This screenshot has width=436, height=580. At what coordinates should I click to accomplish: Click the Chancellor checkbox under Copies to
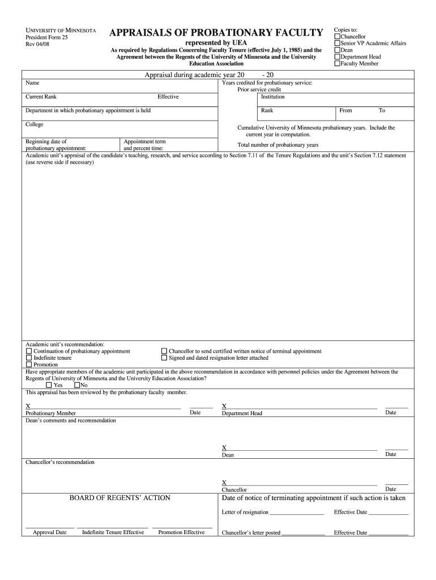(x=337, y=37)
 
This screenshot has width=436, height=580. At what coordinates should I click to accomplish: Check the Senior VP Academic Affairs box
(x=337, y=44)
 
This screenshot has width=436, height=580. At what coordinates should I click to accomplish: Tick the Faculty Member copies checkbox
(x=337, y=64)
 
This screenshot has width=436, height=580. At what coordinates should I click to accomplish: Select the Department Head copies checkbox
(x=337, y=57)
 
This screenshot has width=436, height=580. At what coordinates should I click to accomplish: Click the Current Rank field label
(x=41, y=97)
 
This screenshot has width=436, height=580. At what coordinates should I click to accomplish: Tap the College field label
(x=35, y=125)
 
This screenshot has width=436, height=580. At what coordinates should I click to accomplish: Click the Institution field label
(x=272, y=97)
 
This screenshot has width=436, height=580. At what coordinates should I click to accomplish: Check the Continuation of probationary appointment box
(x=29, y=352)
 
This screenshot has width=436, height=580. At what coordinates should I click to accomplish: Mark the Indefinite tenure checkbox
(x=29, y=359)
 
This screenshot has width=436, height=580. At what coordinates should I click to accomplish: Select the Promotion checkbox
(x=29, y=365)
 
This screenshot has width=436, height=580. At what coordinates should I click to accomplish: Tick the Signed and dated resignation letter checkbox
(x=165, y=359)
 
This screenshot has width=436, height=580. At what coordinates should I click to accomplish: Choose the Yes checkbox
(x=49, y=385)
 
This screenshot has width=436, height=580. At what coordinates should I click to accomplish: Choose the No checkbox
(x=76, y=385)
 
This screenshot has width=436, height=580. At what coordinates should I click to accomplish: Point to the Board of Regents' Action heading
(x=119, y=498)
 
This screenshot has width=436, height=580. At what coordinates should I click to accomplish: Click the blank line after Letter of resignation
(x=297, y=513)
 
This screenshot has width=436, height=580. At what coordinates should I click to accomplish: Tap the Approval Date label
(x=49, y=532)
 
